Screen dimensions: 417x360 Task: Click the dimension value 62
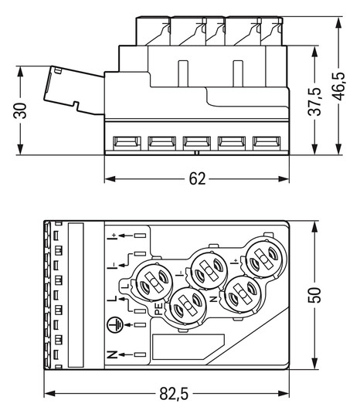(x=197, y=178)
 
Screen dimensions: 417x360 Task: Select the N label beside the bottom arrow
(x=112, y=354)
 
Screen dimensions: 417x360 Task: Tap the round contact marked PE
(x=185, y=309)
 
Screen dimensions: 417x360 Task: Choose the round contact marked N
(x=241, y=294)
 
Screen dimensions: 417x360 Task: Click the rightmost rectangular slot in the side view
(x=265, y=143)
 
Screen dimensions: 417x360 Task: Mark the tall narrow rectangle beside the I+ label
(x=76, y=293)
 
